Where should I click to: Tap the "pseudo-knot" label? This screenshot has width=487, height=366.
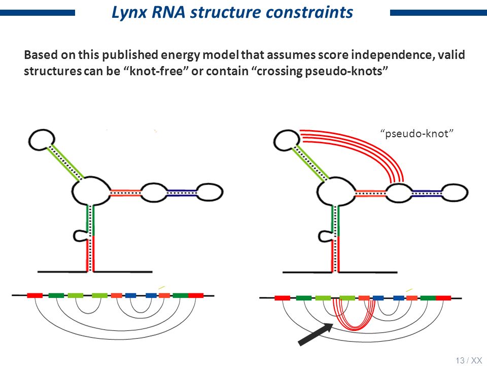[417, 134]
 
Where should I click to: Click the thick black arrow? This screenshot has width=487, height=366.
[316, 334]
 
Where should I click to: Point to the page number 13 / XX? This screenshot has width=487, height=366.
[469, 360]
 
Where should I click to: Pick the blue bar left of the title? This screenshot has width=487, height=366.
[38, 13]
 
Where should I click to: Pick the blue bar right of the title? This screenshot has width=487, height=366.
[438, 13]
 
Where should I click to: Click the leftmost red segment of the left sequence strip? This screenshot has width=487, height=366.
[35, 295]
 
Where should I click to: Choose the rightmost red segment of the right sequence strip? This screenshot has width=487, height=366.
[443, 298]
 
